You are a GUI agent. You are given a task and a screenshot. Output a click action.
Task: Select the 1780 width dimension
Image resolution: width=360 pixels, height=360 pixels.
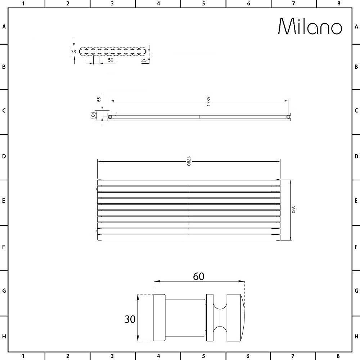[188, 162]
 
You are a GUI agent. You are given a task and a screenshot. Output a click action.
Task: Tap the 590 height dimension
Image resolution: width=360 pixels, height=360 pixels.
[293, 210]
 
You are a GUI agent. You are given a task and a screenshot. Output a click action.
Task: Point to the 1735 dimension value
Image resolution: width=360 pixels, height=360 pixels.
[208, 102]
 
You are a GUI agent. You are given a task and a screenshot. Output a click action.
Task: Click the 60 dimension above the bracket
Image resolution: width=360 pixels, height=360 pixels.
[198, 276]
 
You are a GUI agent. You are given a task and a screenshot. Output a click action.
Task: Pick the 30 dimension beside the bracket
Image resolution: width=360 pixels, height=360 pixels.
[130, 319]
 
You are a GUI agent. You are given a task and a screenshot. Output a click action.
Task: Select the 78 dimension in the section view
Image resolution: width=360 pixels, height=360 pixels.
[73, 52]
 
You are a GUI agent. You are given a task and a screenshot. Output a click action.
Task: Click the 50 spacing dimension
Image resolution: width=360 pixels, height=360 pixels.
[111, 60]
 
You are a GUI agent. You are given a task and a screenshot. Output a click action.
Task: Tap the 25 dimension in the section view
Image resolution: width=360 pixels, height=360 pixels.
[144, 60]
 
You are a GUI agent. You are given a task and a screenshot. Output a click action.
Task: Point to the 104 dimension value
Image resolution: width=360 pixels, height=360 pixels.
[93, 115]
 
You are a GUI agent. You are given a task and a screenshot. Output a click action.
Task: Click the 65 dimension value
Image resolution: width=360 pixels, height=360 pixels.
[99, 99]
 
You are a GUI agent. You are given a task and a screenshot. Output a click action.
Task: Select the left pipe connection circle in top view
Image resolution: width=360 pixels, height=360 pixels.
[110, 117]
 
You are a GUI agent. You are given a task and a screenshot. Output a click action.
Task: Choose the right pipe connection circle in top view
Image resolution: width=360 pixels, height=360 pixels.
[288, 117]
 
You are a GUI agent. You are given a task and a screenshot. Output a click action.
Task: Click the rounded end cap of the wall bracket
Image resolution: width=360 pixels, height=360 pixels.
[236, 318]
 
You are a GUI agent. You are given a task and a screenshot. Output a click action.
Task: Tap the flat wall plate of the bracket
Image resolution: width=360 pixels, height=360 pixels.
[159, 318]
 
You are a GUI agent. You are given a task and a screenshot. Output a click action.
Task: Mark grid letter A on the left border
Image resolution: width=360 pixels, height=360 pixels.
[4, 27]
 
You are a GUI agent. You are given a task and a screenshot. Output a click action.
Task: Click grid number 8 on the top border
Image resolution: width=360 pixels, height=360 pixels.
[338, 4]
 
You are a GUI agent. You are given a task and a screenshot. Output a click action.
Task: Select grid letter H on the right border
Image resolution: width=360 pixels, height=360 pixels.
[356, 337]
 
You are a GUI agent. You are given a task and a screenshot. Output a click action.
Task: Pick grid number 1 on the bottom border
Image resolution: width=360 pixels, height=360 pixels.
[23, 356]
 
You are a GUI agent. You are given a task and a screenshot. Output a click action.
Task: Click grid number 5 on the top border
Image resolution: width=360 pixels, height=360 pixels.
[203, 4]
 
